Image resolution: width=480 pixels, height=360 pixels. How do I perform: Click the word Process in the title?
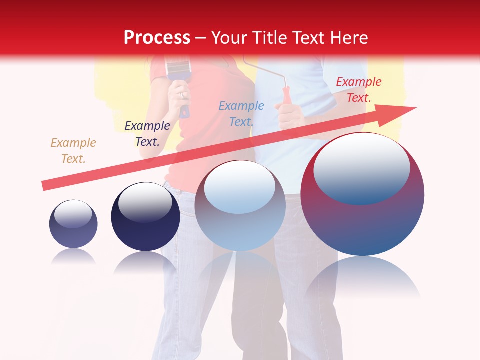[x=157, y=38]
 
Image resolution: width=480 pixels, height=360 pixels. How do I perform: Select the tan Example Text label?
[x=73, y=151]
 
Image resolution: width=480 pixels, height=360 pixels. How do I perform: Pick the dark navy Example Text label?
[x=147, y=134]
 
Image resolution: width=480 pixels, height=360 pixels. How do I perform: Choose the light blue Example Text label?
[x=241, y=114]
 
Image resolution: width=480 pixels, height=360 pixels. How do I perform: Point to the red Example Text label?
[x=358, y=90]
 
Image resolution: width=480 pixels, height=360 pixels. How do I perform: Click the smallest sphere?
[x=73, y=225]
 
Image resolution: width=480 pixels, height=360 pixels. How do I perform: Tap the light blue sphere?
[x=240, y=210]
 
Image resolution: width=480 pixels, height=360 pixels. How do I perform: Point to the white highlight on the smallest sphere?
[x=73, y=213]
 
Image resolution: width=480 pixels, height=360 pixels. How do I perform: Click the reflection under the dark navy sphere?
[x=145, y=262]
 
